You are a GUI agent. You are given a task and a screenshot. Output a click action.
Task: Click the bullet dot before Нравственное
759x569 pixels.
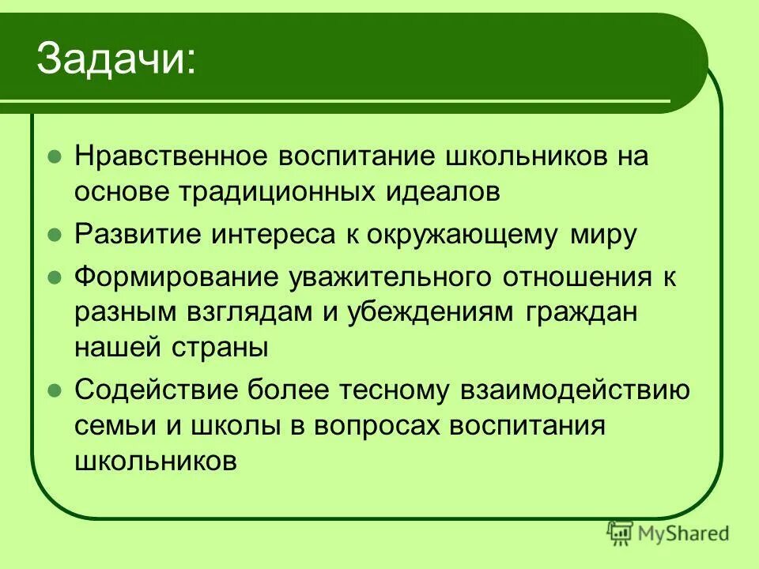click(x=54, y=156)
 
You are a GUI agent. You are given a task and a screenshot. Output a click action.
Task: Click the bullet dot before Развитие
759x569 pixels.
click(x=54, y=236)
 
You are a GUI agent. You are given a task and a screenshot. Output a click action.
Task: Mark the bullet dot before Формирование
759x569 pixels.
click(x=54, y=278)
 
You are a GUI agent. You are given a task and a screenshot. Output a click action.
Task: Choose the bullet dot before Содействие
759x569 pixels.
click(x=54, y=390)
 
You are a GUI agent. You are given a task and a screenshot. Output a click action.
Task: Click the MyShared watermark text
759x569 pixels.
click(x=685, y=533)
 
